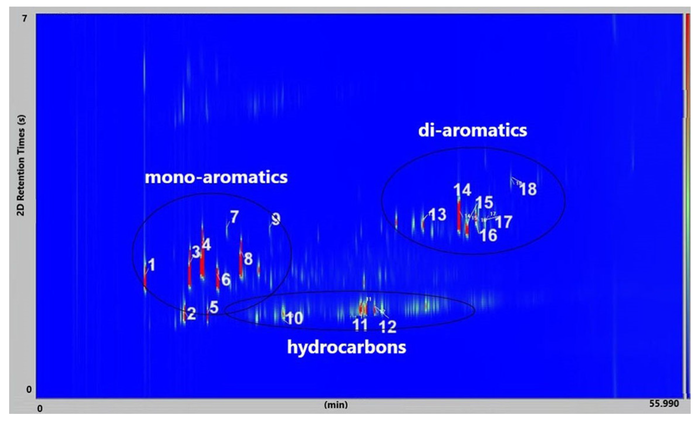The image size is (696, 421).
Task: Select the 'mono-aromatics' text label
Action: click(x=216, y=177)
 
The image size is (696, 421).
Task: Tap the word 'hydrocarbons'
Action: click(x=347, y=347)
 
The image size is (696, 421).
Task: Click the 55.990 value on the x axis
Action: click(x=664, y=403)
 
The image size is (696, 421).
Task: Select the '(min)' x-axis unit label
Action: click(x=336, y=405)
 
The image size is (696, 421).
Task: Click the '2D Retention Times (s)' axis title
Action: click(x=21, y=165)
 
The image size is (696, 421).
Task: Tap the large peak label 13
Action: click(x=438, y=215)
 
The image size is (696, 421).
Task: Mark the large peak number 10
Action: click(x=295, y=318)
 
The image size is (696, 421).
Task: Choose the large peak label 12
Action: click(x=388, y=327)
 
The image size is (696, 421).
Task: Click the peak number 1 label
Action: click(x=152, y=265)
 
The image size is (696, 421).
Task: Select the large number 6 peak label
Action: click(x=226, y=280)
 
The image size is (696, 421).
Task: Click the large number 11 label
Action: click(x=360, y=325)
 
